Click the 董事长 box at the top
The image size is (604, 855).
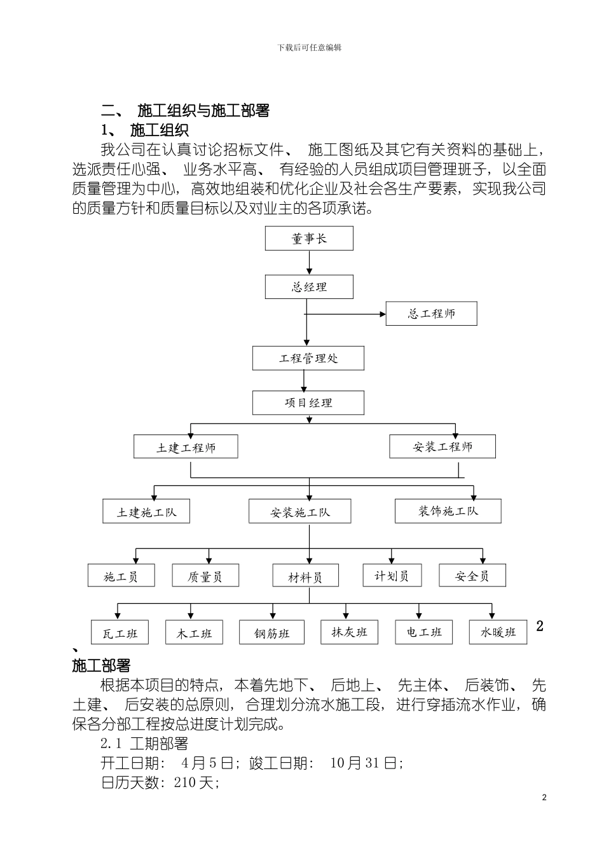point(309,239)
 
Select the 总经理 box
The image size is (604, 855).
point(309,287)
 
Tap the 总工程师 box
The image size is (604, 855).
point(431,314)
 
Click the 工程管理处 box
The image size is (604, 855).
point(308,358)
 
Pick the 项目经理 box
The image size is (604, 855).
point(308,403)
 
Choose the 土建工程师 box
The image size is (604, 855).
point(186,447)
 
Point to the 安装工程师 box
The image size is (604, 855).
point(443,447)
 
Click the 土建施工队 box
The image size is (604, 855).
point(146,511)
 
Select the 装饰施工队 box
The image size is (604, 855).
point(448,511)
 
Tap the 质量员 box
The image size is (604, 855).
point(205,576)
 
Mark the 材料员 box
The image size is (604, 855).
point(305,576)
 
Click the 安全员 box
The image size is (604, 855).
point(472,576)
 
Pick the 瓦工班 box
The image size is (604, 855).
point(120,633)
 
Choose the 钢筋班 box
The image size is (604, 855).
point(271,633)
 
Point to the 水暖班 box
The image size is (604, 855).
point(498,632)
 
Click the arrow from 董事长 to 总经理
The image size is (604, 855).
point(309,262)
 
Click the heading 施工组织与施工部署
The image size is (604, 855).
point(203,111)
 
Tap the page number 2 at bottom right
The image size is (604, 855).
point(544,798)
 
